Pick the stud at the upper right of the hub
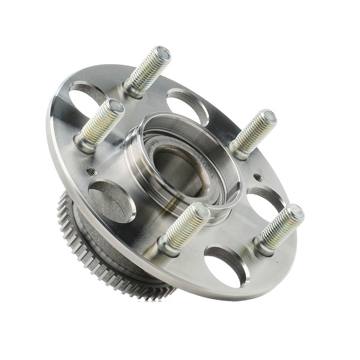point(253,134)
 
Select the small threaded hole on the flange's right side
point(257,177)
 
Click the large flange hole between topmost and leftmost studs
point(88,92)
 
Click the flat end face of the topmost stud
point(161,53)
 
